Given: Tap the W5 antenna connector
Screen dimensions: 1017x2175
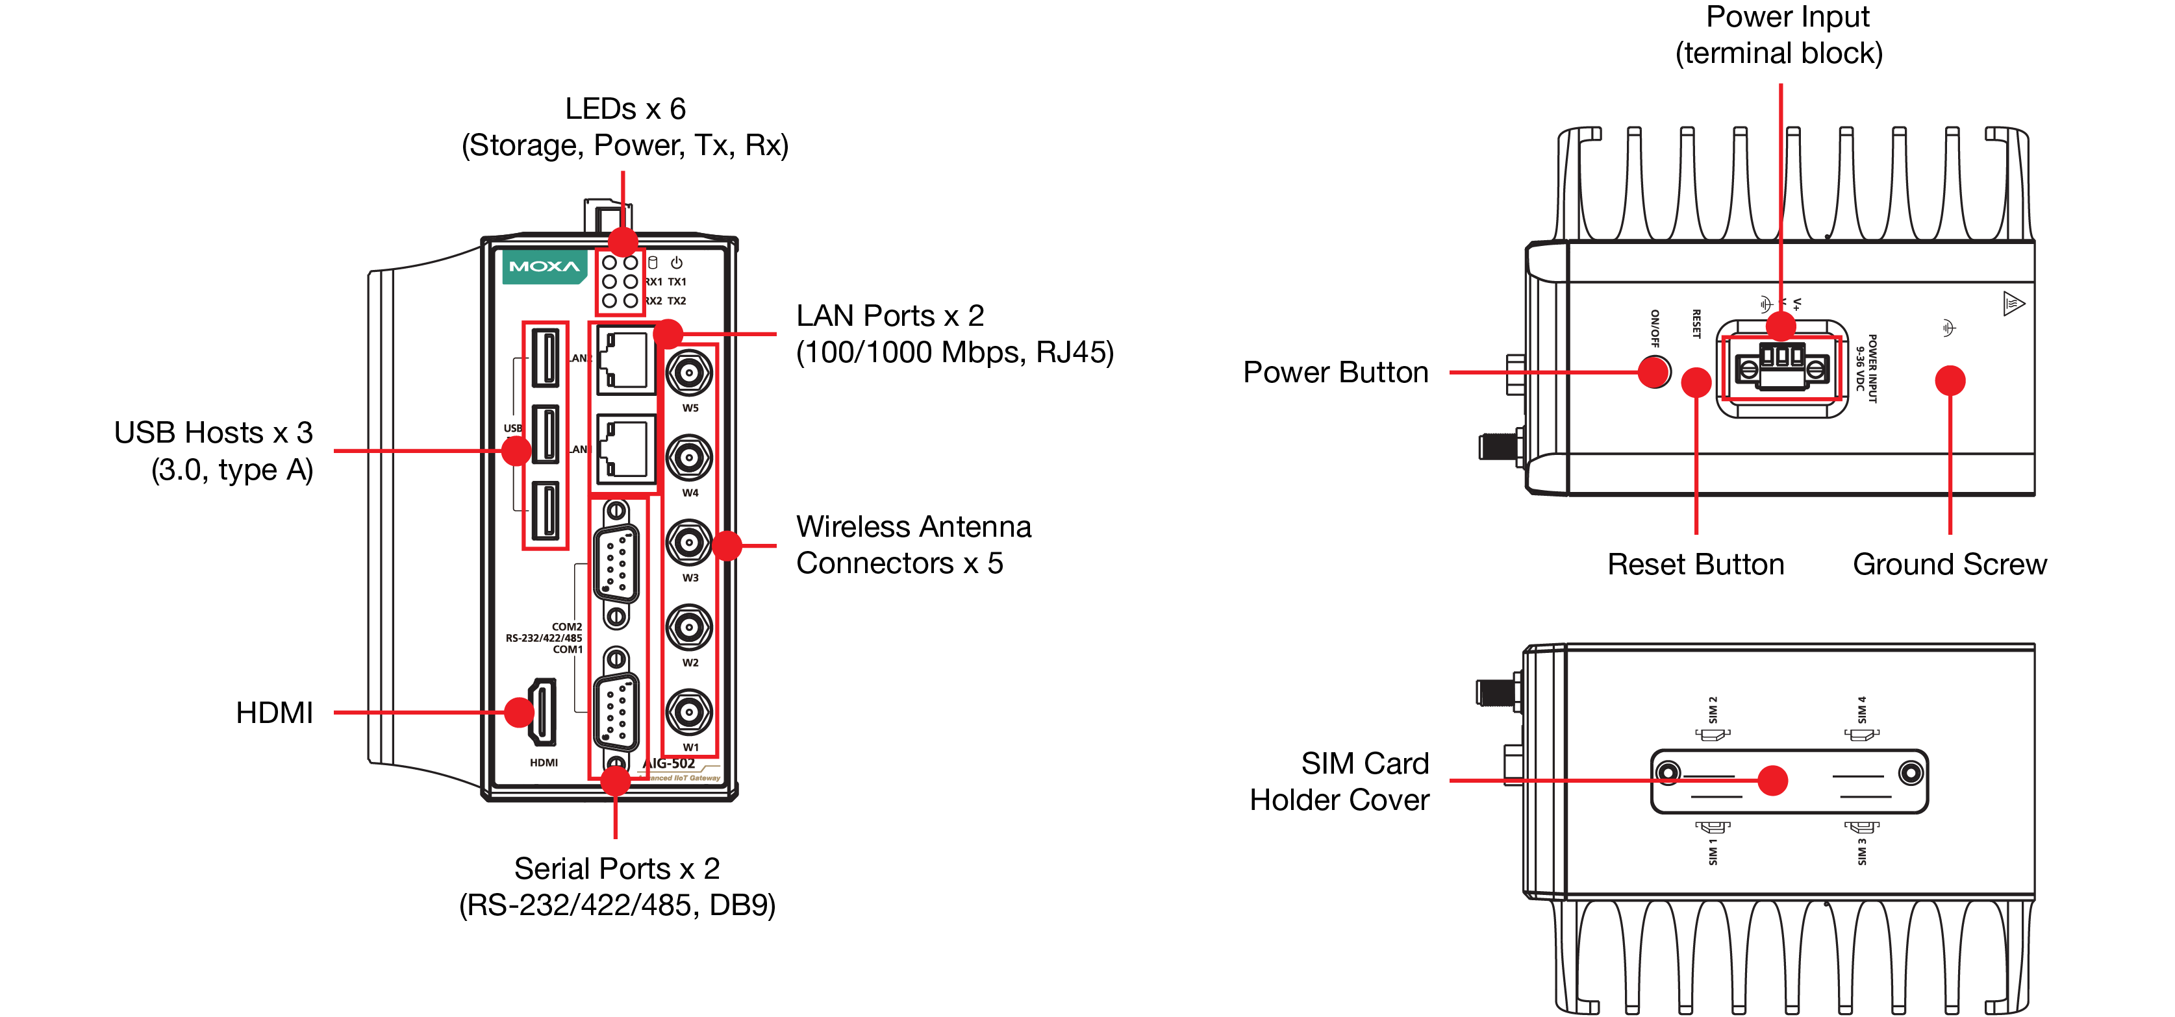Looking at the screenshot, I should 689,372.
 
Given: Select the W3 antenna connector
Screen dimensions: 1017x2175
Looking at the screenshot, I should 689,542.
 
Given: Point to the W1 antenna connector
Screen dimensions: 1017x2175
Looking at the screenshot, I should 689,711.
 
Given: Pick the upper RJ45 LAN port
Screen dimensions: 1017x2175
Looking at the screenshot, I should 625,360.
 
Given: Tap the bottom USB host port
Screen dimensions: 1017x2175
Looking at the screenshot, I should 546,511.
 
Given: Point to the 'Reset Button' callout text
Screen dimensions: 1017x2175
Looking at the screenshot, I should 1696,564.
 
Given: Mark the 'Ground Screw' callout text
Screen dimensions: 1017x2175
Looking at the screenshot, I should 1950,564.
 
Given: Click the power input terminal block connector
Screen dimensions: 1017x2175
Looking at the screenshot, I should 1781,366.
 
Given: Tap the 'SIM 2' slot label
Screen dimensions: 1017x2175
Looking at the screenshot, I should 1713,710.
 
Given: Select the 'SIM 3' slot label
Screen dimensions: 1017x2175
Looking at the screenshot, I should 1862,851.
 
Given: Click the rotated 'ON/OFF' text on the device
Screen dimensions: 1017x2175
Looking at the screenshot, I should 1655,328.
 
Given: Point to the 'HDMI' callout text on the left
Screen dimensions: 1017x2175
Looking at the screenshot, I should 275,713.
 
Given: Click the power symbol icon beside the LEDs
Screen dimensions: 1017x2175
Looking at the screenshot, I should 676,262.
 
